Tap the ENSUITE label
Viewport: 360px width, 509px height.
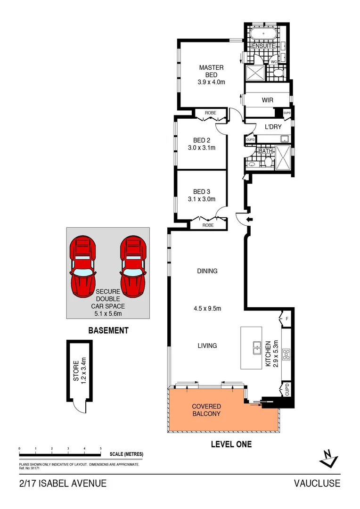tap(263, 47)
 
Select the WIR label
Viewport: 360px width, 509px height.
tap(267, 100)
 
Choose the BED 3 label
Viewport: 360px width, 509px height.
tap(202, 191)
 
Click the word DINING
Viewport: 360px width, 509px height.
tap(207, 271)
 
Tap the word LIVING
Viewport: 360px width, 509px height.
tap(207, 345)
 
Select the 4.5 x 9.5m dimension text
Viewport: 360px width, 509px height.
tap(207, 309)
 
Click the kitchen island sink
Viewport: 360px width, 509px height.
tap(257, 348)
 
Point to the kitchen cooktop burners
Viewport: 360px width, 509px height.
tap(286, 353)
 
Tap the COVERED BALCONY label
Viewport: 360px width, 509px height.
tap(206, 410)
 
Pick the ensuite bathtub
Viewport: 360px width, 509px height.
tap(263, 34)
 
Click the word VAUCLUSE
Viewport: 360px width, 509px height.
tap(317, 484)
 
